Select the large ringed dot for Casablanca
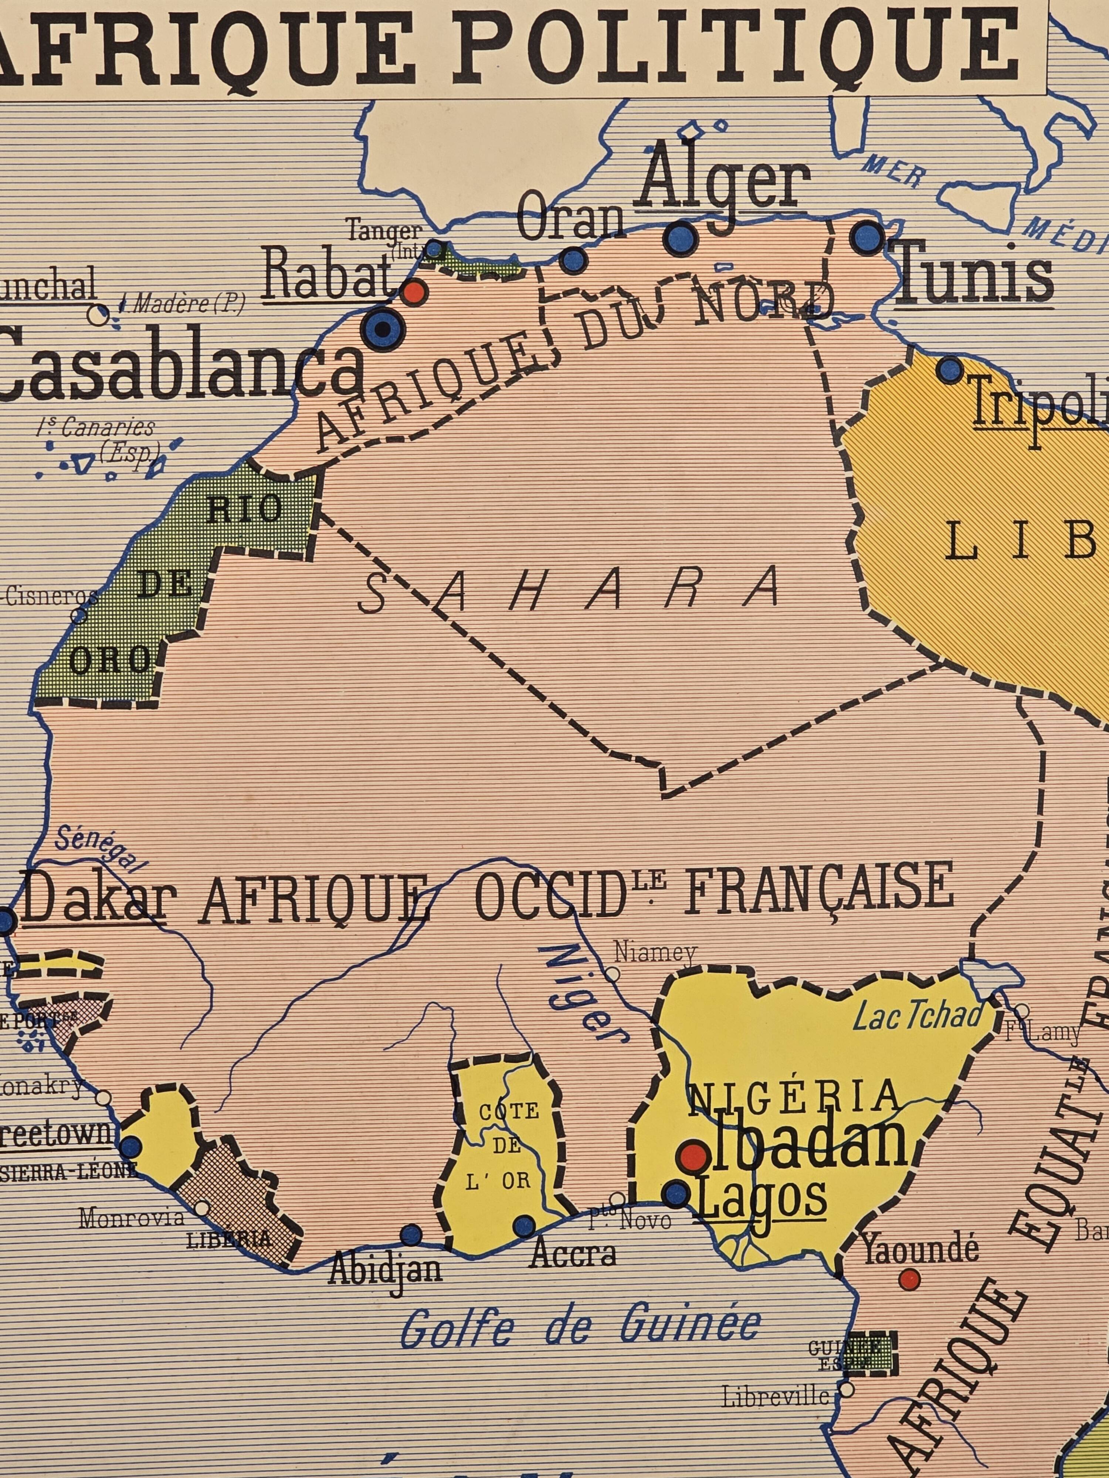pyautogui.click(x=383, y=328)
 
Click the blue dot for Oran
pyautogui.click(x=573, y=260)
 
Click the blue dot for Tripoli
pyautogui.click(x=949, y=369)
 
